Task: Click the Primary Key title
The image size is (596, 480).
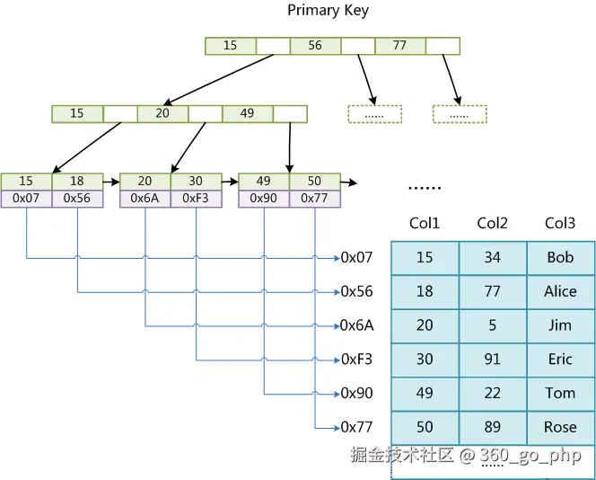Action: click(x=328, y=11)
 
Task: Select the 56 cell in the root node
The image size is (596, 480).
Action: click(x=315, y=46)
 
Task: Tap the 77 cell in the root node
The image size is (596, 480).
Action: click(x=399, y=46)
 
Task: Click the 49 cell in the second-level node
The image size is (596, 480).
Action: click(x=247, y=114)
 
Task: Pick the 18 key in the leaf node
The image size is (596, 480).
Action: click(x=77, y=182)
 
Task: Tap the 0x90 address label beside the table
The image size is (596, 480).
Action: click(x=356, y=393)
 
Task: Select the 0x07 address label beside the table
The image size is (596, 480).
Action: click(x=356, y=257)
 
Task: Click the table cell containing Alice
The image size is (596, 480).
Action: click(x=560, y=291)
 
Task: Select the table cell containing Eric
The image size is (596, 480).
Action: click(x=560, y=360)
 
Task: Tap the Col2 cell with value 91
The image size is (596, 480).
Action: click(x=492, y=360)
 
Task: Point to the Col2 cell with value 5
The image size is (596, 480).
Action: click(x=492, y=325)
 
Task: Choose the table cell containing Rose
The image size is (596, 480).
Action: click(x=560, y=427)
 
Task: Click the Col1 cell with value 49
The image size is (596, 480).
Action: click(x=425, y=393)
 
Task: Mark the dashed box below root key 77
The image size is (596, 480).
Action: click(x=460, y=114)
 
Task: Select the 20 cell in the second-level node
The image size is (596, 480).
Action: click(x=162, y=114)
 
